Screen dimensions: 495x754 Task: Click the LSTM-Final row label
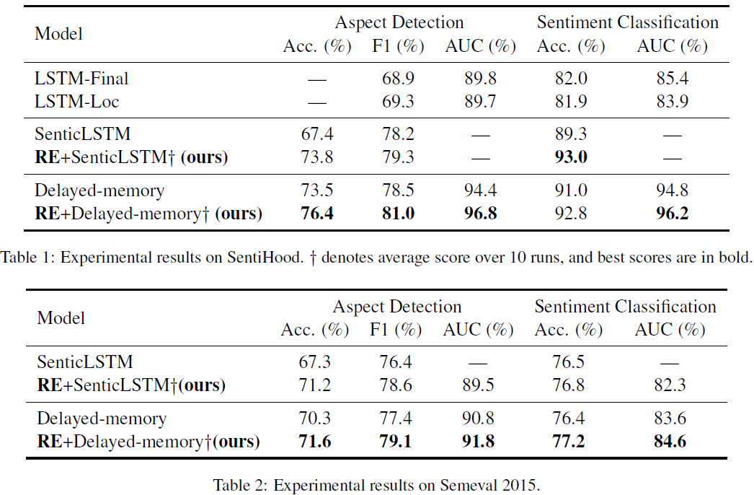click(77, 79)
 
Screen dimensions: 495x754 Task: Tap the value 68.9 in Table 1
click(399, 79)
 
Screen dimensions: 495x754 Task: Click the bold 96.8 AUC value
click(480, 214)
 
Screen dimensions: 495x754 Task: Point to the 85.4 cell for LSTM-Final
click(671, 79)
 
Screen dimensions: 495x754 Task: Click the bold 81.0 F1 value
click(399, 214)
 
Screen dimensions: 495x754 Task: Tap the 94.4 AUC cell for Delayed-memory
click(480, 190)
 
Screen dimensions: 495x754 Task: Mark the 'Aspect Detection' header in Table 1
click(399, 22)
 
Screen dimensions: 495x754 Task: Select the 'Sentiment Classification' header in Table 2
click(625, 307)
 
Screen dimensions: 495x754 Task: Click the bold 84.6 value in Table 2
click(669, 441)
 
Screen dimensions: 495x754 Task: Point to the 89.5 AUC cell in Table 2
click(478, 385)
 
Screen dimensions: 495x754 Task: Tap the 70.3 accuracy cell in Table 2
click(314, 419)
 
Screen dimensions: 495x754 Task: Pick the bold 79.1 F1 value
click(396, 441)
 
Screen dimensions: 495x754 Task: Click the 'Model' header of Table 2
click(61, 318)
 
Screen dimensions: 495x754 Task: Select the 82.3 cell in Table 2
click(669, 385)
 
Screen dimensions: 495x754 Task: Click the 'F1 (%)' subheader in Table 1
click(399, 47)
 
